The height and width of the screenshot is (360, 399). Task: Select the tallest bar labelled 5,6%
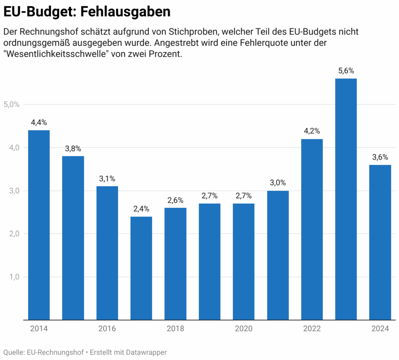(x=346, y=199)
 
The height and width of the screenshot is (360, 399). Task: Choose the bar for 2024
(x=380, y=242)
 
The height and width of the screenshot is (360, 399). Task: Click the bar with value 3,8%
(x=73, y=238)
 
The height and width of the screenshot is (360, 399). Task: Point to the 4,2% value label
(x=312, y=131)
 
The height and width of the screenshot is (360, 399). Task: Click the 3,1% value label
(x=107, y=179)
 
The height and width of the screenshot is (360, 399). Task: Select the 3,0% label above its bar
(x=277, y=183)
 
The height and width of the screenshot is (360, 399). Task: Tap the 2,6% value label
(x=175, y=200)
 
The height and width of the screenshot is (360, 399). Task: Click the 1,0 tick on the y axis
(x=14, y=277)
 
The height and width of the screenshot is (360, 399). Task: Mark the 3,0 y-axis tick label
(x=14, y=191)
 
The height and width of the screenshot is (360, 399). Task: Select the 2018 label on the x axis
(x=175, y=329)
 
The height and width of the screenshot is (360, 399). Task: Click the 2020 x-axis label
(x=244, y=329)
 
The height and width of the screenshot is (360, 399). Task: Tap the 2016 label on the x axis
(x=107, y=329)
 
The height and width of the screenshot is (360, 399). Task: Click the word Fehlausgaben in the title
(x=125, y=12)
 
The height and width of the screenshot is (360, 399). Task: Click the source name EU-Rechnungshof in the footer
(x=55, y=352)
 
